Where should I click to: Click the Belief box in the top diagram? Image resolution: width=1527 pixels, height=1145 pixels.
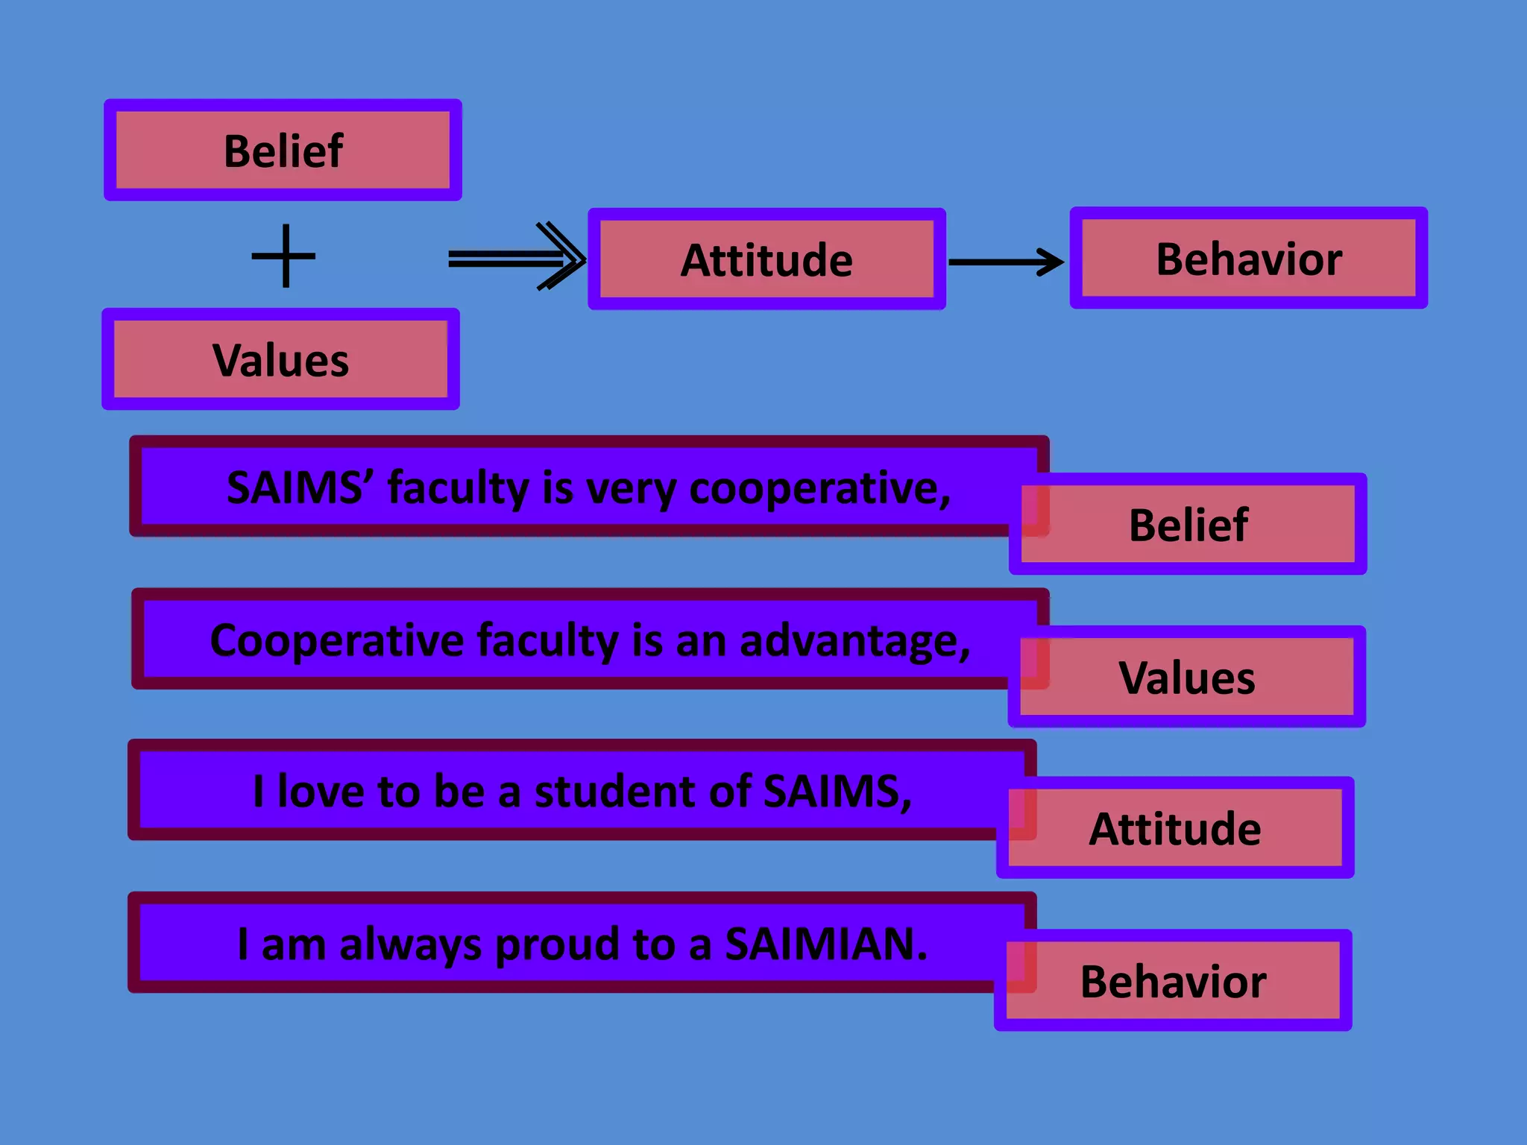tap(283, 151)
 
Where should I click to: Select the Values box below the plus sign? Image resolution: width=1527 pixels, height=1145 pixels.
tap(281, 360)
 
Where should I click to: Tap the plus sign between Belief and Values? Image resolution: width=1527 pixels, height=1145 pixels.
tap(284, 256)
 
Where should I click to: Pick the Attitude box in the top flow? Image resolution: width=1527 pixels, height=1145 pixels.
tap(766, 259)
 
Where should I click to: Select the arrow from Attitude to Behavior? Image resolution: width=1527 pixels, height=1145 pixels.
tap(1006, 262)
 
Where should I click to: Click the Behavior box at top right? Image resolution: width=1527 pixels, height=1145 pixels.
tap(1248, 259)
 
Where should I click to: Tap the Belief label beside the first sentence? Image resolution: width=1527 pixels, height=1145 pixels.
tap(1188, 525)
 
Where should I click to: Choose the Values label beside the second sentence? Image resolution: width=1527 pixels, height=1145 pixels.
tap(1187, 678)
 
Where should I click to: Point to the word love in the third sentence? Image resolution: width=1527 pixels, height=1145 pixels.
tap(321, 792)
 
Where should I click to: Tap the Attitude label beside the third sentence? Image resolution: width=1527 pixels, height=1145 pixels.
tap(1175, 828)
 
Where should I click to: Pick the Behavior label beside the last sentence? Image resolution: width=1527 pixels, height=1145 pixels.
tap(1173, 981)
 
